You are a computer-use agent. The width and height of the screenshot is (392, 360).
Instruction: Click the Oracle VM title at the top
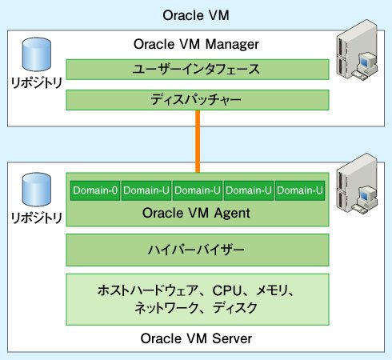click(196, 15)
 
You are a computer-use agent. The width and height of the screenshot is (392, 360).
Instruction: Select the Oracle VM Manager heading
click(196, 44)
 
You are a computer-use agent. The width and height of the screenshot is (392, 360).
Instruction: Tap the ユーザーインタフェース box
click(198, 70)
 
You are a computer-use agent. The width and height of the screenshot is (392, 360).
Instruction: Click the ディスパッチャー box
click(198, 100)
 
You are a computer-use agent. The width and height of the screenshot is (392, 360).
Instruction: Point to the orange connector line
click(198, 142)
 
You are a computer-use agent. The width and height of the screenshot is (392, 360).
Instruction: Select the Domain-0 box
click(95, 190)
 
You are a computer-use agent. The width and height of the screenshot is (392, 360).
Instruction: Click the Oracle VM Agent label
click(196, 213)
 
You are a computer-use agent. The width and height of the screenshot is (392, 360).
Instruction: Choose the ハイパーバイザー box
click(198, 250)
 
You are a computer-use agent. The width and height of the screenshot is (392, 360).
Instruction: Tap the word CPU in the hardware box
click(227, 290)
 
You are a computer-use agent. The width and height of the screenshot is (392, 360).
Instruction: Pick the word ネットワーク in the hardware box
click(166, 308)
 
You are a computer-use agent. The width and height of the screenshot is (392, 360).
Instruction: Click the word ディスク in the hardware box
click(235, 308)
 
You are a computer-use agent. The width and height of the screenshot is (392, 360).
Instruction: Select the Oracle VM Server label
click(196, 338)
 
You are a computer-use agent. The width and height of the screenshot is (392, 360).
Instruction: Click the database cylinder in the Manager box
click(37, 54)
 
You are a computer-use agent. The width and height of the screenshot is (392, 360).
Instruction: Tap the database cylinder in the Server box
click(37, 190)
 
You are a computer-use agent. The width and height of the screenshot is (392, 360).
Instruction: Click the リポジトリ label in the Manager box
click(37, 83)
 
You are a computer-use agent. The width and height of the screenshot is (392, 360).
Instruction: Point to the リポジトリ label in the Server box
click(37, 218)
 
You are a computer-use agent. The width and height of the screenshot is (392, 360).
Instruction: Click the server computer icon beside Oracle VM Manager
click(358, 49)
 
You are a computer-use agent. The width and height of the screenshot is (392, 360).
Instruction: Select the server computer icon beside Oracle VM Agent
click(358, 183)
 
